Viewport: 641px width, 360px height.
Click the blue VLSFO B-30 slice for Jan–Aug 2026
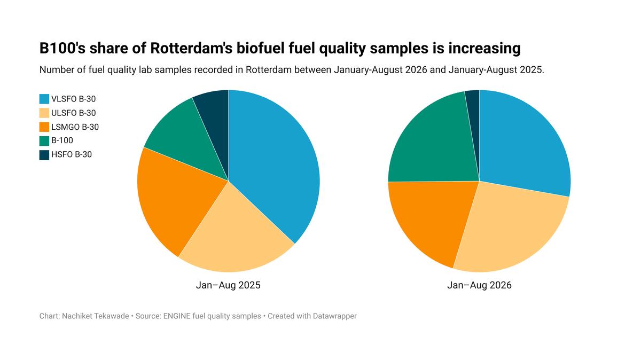pyautogui.click(x=523, y=143)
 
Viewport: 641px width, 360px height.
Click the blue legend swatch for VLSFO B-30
pyautogui.click(x=44, y=99)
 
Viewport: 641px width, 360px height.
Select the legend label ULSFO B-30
pyautogui.click(x=74, y=113)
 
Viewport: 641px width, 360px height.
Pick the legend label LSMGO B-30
pyautogui.click(x=75, y=127)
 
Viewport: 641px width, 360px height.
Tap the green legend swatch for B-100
pyautogui.click(x=44, y=141)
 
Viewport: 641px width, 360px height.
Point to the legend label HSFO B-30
pyautogui.click(x=72, y=154)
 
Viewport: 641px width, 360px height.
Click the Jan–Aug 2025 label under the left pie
pyautogui.click(x=228, y=285)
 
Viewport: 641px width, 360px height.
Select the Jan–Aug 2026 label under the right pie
pyautogui.click(x=479, y=285)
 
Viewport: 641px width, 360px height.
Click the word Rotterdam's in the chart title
pyautogui.click(x=191, y=48)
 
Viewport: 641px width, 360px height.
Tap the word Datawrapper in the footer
pyautogui.click(x=335, y=316)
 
